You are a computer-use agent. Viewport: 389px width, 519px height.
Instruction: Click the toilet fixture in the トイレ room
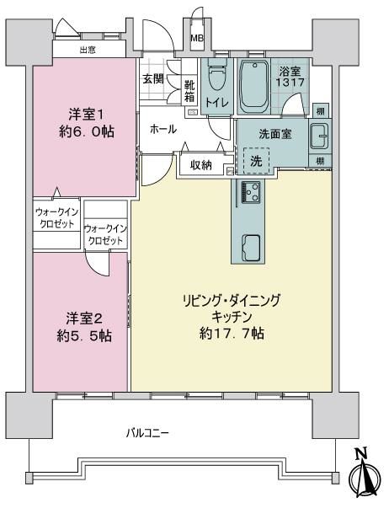click(x=217, y=76)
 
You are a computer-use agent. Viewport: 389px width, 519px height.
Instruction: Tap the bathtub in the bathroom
click(x=253, y=87)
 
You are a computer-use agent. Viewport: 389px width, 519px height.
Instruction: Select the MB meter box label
click(x=197, y=38)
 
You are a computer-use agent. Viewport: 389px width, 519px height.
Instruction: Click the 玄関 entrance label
click(x=153, y=79)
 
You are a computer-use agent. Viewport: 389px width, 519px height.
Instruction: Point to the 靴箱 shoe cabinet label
click(x=189, y=91)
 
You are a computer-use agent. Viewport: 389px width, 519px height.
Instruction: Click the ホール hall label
click(x=163, y=129)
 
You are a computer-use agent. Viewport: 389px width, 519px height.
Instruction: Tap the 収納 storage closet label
click(x=200, y=164)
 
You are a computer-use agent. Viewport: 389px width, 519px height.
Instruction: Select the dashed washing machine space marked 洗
click(x=256, y=161)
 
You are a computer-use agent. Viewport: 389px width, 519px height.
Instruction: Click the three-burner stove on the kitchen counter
click(x=251, y=191)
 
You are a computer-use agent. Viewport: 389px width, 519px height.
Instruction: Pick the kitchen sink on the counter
click(x=252, y=248)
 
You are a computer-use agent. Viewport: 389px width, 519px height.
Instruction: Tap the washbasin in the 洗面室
click(x=320, y=136)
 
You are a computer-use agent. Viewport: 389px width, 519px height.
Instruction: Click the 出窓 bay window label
click(x=88, y=50)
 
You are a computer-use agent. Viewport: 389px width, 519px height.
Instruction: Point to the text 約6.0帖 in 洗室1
click(x=87, y=132)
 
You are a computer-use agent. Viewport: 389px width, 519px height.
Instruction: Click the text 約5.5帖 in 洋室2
click(x=84, y=336)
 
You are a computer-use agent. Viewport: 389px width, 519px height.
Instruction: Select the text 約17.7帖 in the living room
click(x=232, y=334)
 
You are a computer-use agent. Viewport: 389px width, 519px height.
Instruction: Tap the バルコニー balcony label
click(x=147, y=433)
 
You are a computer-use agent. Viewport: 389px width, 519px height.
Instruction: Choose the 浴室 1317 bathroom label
click(x=290, y=77)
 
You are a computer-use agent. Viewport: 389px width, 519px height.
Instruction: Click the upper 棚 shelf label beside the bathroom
click(x=320, y=111)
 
